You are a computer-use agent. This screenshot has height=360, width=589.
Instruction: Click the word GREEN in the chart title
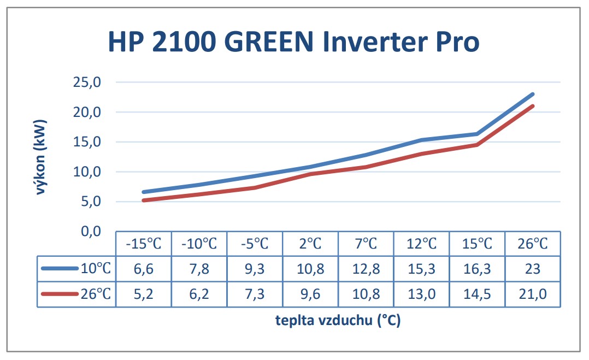pyautogui.click(x=269, y=42)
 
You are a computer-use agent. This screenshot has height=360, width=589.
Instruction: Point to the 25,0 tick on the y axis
pyautogui.click(x=87, y=82)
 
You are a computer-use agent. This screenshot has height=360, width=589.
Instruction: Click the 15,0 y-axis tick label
pyautogui.click(x=87, y=142)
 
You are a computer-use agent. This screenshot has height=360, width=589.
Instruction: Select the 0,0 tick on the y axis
pyautogui.click(x=91, y=231)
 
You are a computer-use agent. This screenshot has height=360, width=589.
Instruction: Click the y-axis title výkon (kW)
pyautogui.click(x=40, y=157)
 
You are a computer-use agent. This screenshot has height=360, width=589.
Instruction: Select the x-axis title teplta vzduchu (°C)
pyautogui.click(x=338, y=320)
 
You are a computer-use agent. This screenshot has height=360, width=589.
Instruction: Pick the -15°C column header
pyautogui.click(x=144, y=244)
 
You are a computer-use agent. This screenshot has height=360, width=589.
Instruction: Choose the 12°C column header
pyautogui.click(x=421, y=244)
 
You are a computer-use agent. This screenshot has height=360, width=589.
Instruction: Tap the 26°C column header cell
pyautogui.click(x=533, y=244)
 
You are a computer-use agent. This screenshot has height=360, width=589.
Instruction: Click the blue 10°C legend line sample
pyautogui.click(x=60, y=268)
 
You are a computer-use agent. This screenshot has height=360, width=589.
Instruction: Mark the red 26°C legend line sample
pyautogui.click(x=60, y=293)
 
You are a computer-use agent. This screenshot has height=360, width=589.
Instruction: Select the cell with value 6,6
pyautogui.click(x=144, y=269)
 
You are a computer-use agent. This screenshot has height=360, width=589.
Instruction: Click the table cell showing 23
pyautogui.click(x=533, y=269)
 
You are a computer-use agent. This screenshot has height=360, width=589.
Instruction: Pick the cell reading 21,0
pyautogui.click(x=533, y=294)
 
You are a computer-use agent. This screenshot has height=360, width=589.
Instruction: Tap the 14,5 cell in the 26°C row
pyautogui.click(x=477, y=294)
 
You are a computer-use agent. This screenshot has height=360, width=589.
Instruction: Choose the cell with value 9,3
pyautogui.click(x=255, y=269)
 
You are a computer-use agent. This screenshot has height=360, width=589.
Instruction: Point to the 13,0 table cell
pyautogui.click(x=421, y=294)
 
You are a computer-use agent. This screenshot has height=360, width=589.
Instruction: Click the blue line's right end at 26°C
pyautogui.click(x=532, y=94)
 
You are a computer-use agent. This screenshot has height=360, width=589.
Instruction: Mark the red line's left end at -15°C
pyautogui.click(x=144, y=200)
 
